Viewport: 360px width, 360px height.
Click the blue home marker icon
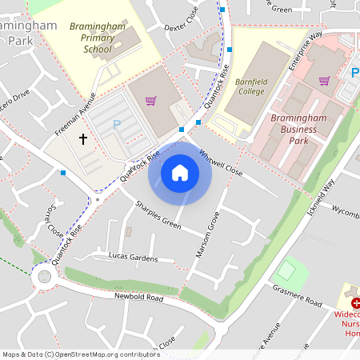pyautogui.click(x=180, y=173)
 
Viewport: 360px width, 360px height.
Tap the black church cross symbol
pyautogui.click(x=82, y=139)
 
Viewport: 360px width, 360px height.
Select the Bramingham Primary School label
pyautogui.click(x=98, y=38)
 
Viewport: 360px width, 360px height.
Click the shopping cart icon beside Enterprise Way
pyautogui.click(x=324, y=80)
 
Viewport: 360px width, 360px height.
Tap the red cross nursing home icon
pyautogui.click(x=355, y=304)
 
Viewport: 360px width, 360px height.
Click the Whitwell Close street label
pyautogui.click(x=220, y=162)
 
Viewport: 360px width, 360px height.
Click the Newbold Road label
pyautogui.click(x=138, y=298)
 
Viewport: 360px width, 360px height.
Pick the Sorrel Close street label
pyautogui.click(x=54, y=223)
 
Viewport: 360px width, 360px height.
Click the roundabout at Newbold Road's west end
pyautogui.click(x=43, y=277)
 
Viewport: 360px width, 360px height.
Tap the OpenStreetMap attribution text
pyautogui.click(x=80, y=354)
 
